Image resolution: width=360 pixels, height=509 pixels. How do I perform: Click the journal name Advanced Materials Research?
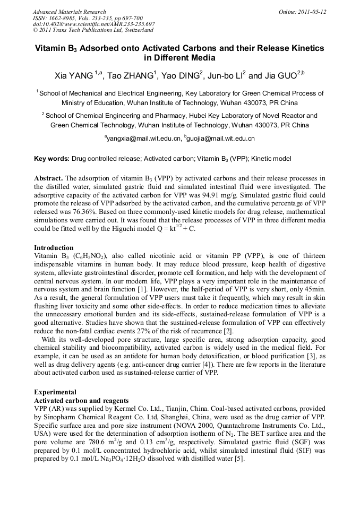(x=69, y=12)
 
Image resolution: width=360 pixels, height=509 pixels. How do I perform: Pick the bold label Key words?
(x=52, y=159)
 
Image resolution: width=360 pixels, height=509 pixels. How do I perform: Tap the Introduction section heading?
(x=54, y=248)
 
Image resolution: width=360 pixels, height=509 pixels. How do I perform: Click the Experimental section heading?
(x=55, y=392)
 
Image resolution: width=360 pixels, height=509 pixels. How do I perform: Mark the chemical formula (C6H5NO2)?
(x=83, y=256)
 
